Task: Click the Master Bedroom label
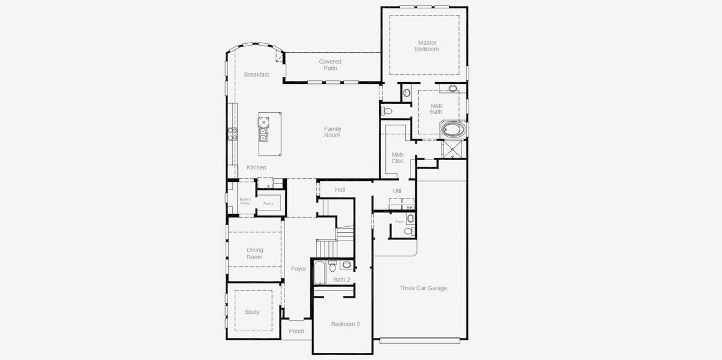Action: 427,46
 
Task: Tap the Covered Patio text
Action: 330,65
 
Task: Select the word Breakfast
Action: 256,74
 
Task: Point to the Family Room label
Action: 332,132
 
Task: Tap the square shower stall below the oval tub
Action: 454,149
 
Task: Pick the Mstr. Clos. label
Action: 398,158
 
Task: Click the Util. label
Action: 397,191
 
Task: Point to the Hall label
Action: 340,190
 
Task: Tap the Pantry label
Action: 268,203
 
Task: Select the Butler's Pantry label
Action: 245,201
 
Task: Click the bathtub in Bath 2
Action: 319,273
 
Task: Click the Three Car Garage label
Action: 423,288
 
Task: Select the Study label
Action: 252,312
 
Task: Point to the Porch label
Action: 296,331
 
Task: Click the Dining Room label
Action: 254,254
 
